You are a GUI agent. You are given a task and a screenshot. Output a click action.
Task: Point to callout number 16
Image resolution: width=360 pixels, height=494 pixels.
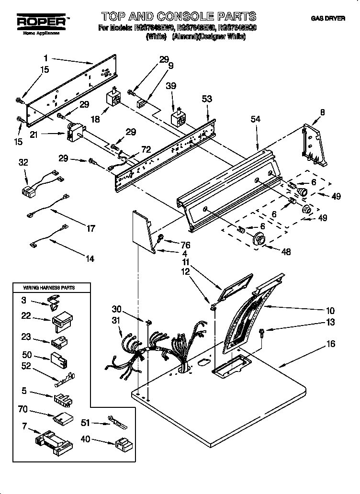point(331,344)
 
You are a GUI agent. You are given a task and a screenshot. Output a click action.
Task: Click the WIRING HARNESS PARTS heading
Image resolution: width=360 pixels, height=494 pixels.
point(49,287)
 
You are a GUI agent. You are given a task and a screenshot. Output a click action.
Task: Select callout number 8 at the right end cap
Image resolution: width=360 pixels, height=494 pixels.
point(322,112)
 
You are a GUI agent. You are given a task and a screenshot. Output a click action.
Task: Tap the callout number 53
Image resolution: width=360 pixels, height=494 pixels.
point(207,99)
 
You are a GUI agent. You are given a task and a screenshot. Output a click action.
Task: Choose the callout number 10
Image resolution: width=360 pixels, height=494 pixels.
point(330,310)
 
